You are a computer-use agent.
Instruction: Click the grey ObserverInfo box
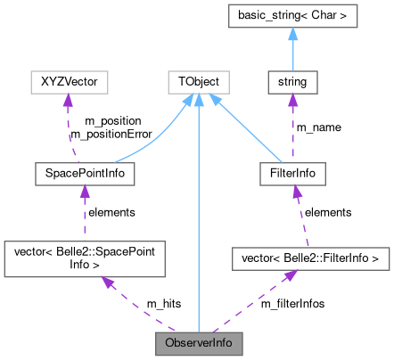click(x=199, y=342)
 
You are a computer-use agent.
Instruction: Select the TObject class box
click(x=199, y=83)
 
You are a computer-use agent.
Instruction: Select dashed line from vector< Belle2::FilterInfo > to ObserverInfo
click(x=250, y=303)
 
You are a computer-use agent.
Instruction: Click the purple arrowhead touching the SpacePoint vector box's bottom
click(x=106, y=283)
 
